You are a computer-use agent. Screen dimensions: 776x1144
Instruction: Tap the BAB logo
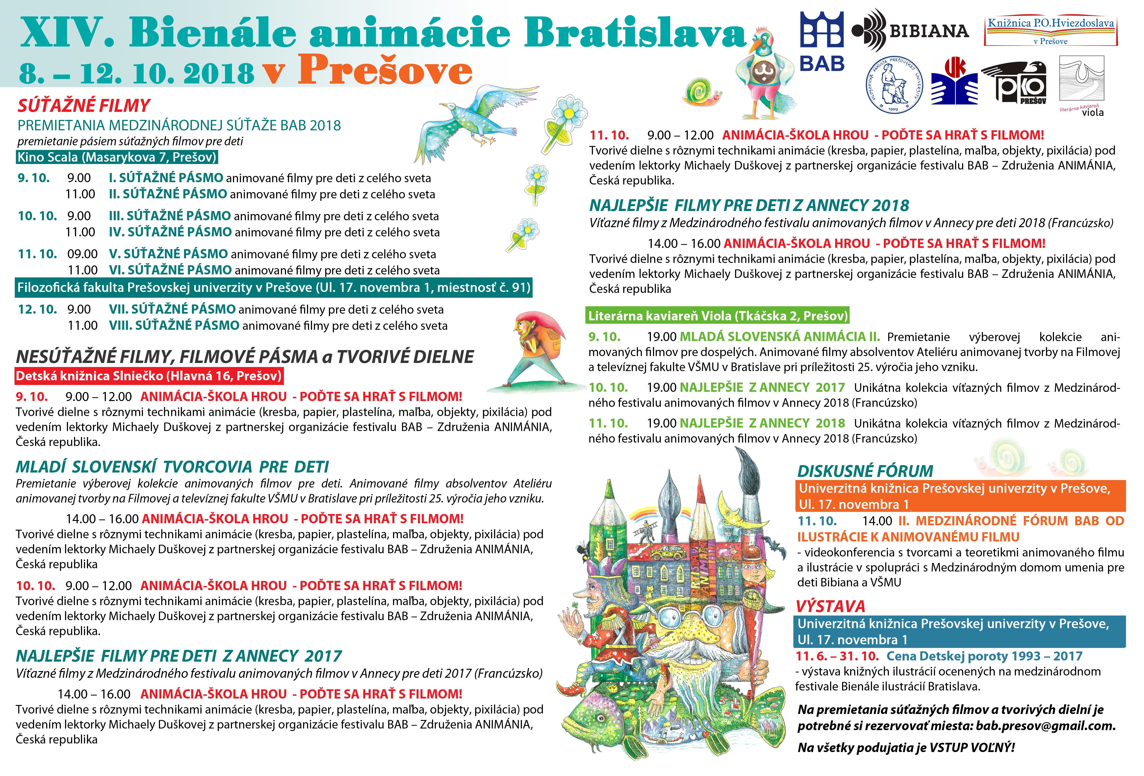tap(822, 42)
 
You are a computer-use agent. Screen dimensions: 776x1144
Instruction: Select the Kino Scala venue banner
tap(117, 158)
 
